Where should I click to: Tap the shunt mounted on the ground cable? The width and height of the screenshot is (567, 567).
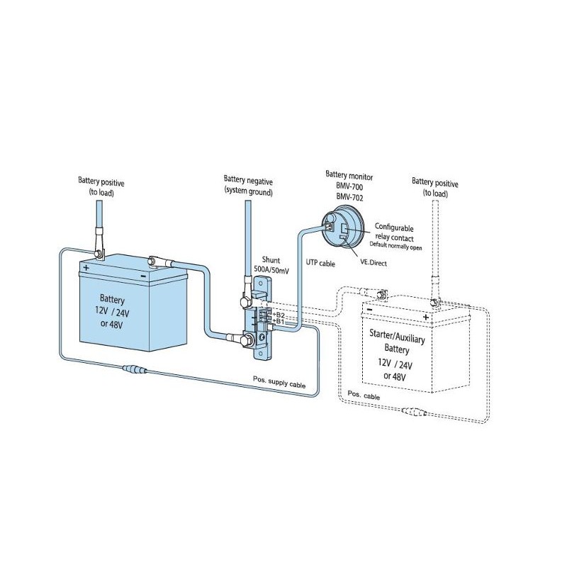click(261, 322)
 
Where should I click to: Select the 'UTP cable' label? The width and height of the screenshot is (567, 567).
click(320, 263)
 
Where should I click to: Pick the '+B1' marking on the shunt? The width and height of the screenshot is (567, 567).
click(279, 321)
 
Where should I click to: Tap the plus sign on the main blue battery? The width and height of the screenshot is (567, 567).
click(86, 268)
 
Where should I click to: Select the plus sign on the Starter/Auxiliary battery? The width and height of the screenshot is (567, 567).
click(425, 317)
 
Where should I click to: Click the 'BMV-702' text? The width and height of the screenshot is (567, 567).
click(349, 198)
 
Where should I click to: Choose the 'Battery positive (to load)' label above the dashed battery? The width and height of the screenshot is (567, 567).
click(435, 187)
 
